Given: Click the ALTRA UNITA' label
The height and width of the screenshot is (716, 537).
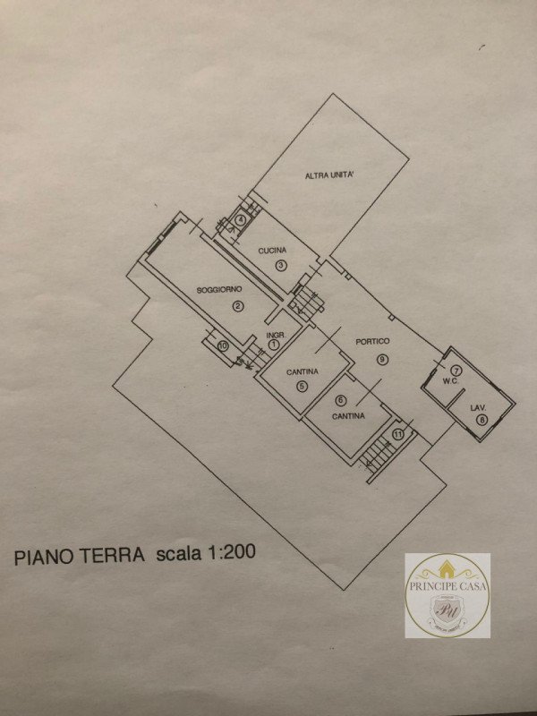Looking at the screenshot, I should point(330,175).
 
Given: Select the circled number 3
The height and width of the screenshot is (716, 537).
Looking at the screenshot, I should point(280,265).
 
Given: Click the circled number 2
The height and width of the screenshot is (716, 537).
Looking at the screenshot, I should point(238,307).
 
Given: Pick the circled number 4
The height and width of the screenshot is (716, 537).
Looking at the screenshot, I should point(240,220).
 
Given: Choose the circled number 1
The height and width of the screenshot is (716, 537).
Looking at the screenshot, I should point(275,344).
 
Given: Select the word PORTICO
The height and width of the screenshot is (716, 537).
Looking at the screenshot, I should point(372,341).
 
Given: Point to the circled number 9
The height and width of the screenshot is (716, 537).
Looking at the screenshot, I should point(382,359).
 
